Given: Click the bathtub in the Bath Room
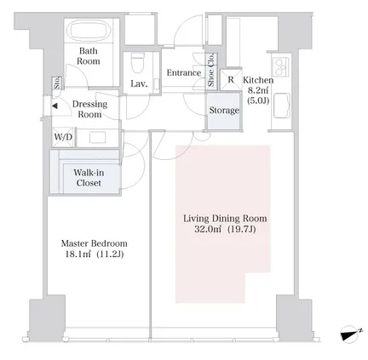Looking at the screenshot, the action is click(90, 31).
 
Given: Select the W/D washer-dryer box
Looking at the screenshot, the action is click(63, 137).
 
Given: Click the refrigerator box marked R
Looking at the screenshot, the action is click(231, 80).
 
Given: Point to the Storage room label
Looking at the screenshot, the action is click(224, 110).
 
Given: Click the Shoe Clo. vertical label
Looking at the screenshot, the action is click(211, 70).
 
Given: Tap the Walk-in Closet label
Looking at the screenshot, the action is click(89, 178).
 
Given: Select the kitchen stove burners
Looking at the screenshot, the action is click(280, 66).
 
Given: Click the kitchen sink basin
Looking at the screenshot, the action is click(281, 106).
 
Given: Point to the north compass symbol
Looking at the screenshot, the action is click(351, 334).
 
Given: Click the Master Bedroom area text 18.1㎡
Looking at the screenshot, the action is click(78, 254).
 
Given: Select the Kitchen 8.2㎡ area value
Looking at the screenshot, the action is click(258, 90).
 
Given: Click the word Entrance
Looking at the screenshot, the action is click(184, 72).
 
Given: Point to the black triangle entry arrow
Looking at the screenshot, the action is click(55, 106).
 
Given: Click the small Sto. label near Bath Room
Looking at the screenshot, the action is click(57, 83).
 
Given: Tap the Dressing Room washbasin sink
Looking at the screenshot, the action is click(98, 138).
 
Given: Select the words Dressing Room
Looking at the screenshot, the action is click(89, 109).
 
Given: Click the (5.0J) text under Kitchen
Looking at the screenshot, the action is click(258, 100).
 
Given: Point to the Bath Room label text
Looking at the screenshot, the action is click(89, 56).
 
